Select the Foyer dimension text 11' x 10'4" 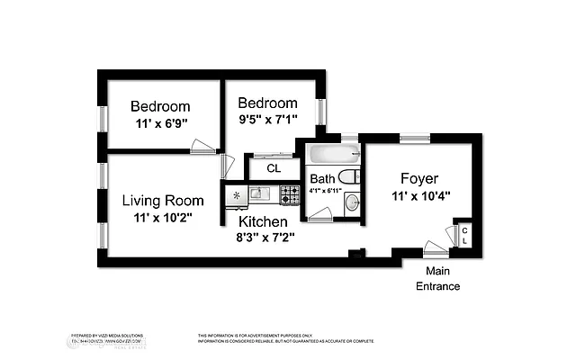click(419, 195)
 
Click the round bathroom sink click(351, 202)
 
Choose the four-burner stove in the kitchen click(289, 193)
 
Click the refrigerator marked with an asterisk click(236, 193)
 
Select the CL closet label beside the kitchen click(274, 168)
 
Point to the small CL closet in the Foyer click(464, 235)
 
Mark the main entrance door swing click(436, 248)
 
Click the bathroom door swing click(320, 212)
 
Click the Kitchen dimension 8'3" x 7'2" click(264, 238)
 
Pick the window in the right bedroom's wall click(319, 112)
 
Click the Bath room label click(322, 178)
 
